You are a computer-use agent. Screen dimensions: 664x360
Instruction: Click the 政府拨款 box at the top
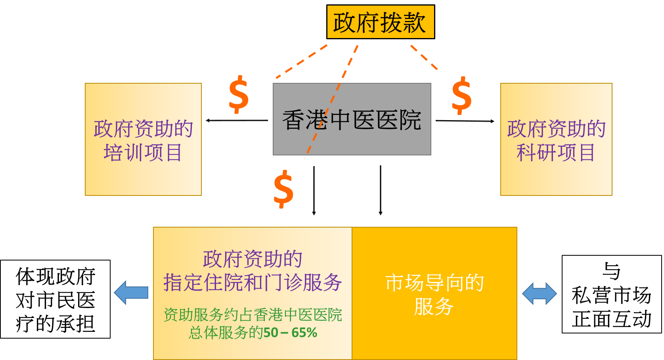[381, 22]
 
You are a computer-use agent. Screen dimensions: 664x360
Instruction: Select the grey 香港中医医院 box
[352, 119]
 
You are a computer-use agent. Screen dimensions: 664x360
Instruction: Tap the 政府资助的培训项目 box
[143, 140]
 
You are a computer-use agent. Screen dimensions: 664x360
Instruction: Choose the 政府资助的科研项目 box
[556, 140]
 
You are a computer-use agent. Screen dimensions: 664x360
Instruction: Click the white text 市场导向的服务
[434, 294]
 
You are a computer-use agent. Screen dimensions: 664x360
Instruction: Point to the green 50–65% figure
[290, 333]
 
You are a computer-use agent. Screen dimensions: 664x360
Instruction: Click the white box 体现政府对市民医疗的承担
[55, 299]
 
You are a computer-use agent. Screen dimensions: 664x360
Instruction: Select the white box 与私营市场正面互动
[612, 294]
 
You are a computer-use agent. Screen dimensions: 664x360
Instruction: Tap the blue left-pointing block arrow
[131, 292]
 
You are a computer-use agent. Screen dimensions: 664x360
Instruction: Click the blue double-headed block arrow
[540, 293]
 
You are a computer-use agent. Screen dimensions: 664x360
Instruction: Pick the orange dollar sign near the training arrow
[239, 94]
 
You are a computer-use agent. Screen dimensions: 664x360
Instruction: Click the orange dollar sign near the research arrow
[461, 96]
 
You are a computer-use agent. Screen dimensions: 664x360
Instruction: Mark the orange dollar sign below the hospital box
[283, 189]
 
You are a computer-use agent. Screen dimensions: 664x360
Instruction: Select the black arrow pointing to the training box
[237, 121]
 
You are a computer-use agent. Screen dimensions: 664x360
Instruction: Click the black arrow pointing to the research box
[465, 121]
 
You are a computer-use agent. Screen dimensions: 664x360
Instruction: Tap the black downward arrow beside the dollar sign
[314, 190]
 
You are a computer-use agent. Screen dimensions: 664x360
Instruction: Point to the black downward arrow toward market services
[381, 190]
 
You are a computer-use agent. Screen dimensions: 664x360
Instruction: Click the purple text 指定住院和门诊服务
[253, 282]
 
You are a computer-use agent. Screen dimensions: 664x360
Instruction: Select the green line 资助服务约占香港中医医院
[253, 315]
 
